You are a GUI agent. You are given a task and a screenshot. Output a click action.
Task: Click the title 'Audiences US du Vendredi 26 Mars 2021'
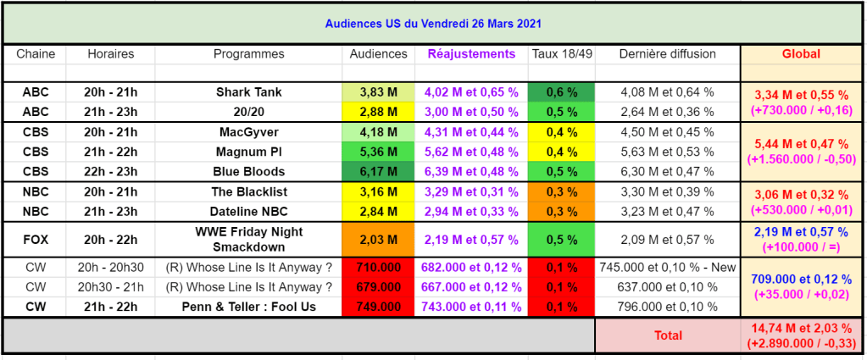(x=433, y=23)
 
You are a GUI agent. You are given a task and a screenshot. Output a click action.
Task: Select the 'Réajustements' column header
(x=471, y=54)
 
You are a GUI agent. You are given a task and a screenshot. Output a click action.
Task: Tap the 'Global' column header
(x=800, y=54)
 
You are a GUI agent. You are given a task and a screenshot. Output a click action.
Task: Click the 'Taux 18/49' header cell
(x=561, y=54)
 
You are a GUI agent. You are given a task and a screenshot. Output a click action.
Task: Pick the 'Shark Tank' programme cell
(x=248, y=92)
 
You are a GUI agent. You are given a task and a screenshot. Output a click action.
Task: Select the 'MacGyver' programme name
(x=248, y=133)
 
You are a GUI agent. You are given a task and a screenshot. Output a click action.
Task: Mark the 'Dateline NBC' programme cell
(x=248, y=211)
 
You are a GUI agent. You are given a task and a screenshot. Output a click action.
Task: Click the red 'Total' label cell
(x=667, y=335)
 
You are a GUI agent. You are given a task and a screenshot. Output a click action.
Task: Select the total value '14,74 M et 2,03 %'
(x=800, y=329)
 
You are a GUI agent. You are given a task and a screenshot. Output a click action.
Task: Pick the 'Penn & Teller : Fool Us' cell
(x=248, y=307)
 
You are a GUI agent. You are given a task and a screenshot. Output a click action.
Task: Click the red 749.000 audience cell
(x=378, y=307)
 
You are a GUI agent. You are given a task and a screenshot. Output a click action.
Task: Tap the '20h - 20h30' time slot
(x=110, y=267)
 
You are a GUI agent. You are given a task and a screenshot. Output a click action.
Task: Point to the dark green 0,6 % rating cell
(x=561, y=92)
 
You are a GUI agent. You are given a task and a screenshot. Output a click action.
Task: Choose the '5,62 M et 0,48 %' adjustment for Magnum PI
(x=471, y=153)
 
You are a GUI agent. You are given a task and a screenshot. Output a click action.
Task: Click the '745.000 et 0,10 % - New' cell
(x=667, y=267)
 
